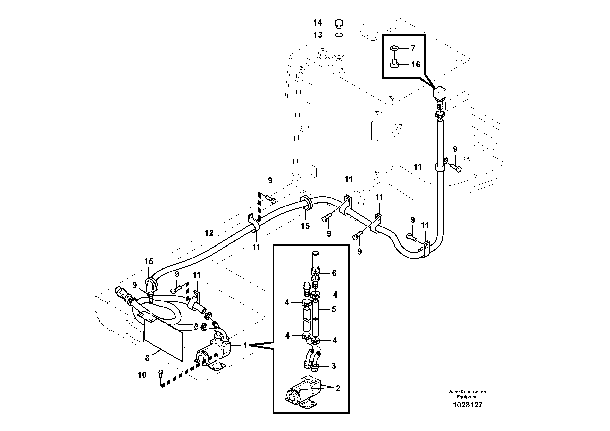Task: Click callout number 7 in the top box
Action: coord(413,48)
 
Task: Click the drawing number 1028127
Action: coord(467,405)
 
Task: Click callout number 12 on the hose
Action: coord(209,233)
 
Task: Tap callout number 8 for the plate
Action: coord(148,358)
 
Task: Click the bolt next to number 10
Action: coord(160,373)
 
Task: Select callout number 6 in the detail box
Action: coord(334,273)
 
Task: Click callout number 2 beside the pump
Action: coord(338,389)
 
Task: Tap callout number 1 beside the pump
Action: coord(245,346)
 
